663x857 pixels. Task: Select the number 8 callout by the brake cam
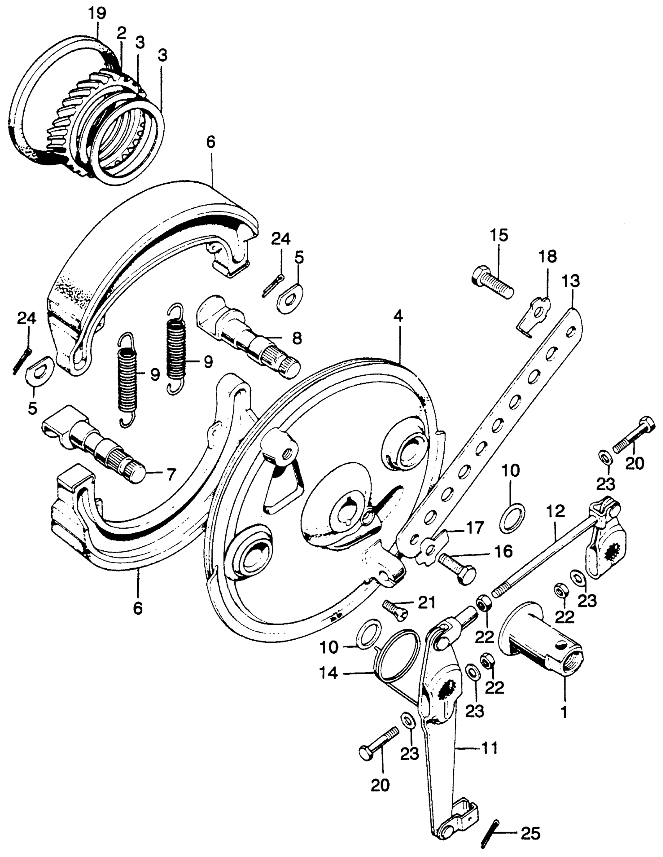pyautogui.click(x=296, y=337)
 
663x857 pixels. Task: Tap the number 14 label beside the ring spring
pyautogui.click(x=329, y=673)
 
